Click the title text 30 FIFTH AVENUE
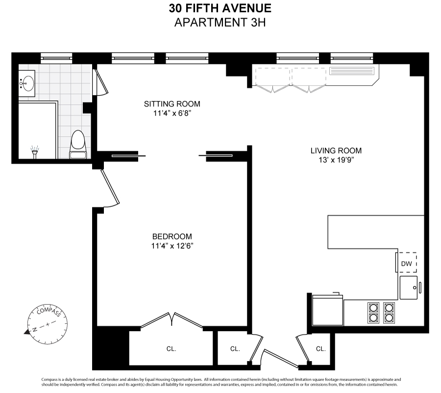point(220,8)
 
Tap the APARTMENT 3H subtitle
point(220,22)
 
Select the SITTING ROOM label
point(172,104)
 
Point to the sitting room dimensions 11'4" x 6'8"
point(172,113)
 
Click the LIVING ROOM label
point(336,150)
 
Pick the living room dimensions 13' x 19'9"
point(336,160)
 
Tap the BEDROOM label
point(172,236)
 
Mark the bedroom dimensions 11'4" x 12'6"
point(172,246)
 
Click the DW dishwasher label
point(406,264)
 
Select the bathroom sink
point(27,84)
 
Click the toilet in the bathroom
point(78,145)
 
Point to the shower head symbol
point(35,152)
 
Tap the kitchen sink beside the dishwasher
point(409,288)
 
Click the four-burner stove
point(381,313)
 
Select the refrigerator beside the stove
point(328,309)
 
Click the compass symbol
point(47,324)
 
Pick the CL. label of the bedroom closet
point(171,349)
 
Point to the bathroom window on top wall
point(56,58)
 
